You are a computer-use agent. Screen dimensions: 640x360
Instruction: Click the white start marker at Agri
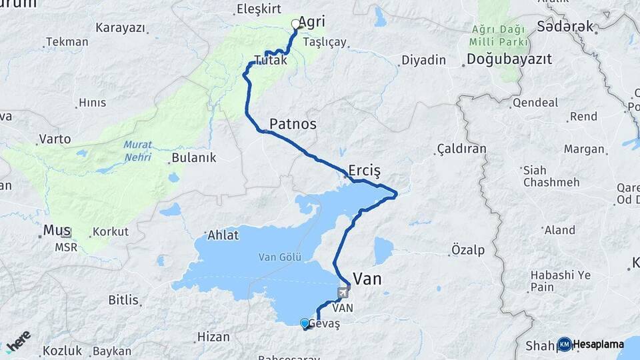296,24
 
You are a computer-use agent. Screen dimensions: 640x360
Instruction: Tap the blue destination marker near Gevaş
305,323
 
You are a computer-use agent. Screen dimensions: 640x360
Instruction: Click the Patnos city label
293,124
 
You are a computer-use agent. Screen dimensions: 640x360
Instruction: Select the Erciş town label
364,170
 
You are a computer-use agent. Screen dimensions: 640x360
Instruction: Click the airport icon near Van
343,292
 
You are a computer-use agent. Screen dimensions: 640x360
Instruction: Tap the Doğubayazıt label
509,59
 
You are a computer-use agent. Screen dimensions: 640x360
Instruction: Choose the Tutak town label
271,60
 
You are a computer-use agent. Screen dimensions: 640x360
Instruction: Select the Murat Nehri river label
137,151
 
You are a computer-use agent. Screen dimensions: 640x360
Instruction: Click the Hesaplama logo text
598,345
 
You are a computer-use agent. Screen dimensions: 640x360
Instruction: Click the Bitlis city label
123,300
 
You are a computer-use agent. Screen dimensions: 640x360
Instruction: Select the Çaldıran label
461,149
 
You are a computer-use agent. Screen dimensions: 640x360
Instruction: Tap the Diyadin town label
423,60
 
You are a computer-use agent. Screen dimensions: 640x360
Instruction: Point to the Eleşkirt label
259,9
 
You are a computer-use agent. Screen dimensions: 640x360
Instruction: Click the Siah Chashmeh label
545,176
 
